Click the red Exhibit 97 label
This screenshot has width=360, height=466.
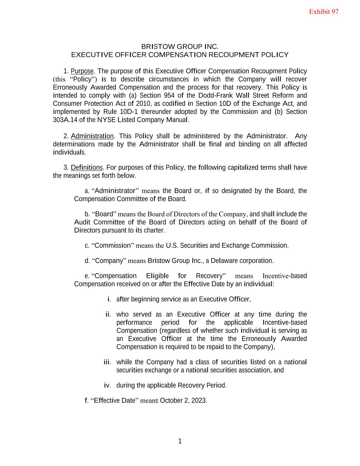(x=323, y=12)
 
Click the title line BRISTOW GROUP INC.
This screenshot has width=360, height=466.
(x=180, y=46)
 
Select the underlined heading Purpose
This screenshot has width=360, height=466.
(x=82, y=71)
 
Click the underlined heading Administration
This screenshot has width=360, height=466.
(x=92, y=136)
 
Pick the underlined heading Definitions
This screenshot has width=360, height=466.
(x=87, y=167)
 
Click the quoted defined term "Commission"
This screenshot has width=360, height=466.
(x=113, y=245)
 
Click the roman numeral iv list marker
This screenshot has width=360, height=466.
(x=107, y=385)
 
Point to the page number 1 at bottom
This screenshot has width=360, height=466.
(x=180, y=441)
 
